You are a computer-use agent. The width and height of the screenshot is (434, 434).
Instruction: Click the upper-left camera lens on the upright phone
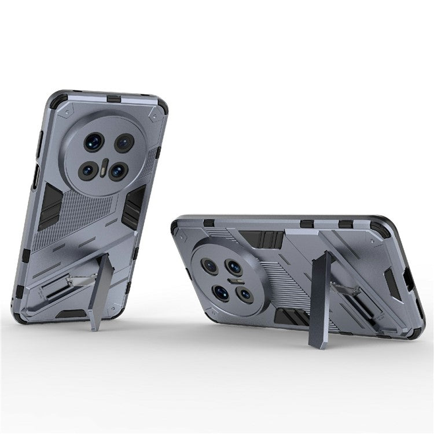click(x=93, y=142)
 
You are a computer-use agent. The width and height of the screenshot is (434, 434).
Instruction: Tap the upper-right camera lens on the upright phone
click(x=124, y=143)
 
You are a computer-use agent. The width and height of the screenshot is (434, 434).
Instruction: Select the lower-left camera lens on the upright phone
click(x=88, y=170)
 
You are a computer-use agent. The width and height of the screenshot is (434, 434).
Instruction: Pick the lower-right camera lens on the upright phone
click(x=118, y=171)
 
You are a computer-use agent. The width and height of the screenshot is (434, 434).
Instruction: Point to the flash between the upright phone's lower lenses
click(x=103, y=171)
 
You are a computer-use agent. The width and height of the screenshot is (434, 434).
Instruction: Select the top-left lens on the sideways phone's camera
click(x=209, y=266)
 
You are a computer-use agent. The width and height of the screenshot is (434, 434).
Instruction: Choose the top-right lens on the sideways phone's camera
click(x=234, y=267)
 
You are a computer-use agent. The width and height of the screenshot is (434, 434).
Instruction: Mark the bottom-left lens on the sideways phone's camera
click(x=221, y=292)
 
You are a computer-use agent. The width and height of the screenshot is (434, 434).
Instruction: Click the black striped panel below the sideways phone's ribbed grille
click(x=294, y=317)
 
